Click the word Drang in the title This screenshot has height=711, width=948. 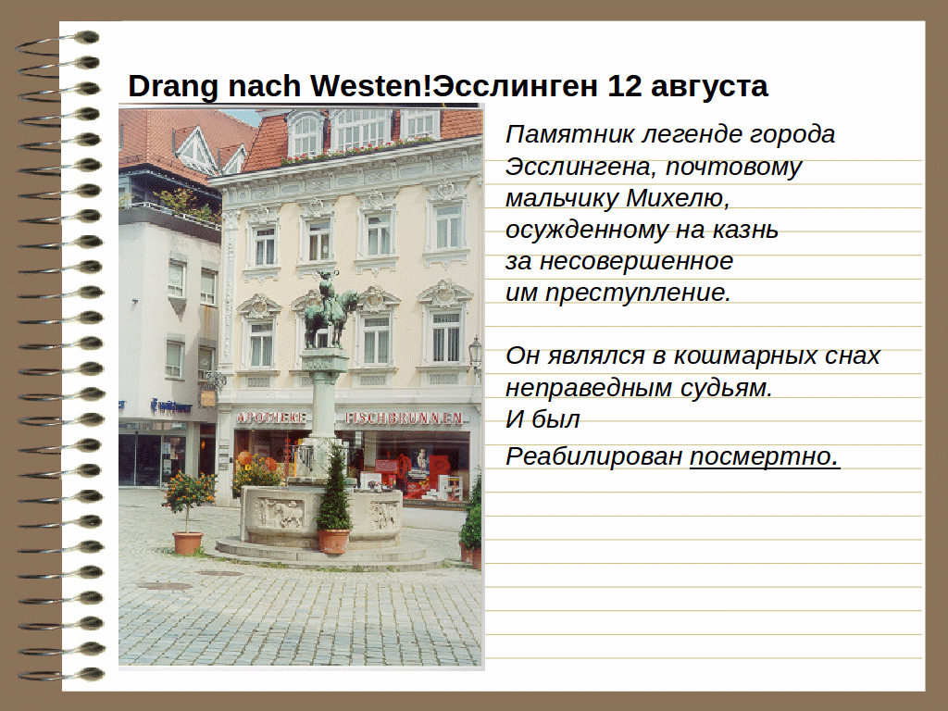(x=172, y=87)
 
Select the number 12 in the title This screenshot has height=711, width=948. (x=625, y=86)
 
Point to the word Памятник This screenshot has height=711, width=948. (x=569, y=134)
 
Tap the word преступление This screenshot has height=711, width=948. (x=638, y=293)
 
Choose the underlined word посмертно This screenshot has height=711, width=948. (x=765, y=457)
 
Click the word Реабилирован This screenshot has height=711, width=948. (x=593, y=456)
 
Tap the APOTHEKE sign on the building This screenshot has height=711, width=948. (x=271, y=418)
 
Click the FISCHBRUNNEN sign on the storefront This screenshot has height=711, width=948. (x=404, y=418)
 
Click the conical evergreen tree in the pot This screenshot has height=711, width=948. (x=333, y=490)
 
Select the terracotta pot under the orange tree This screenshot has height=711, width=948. (x=187, y=543)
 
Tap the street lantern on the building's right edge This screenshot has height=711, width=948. (x=475, y=354)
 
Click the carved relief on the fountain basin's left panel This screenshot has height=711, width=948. (x=280, y=513)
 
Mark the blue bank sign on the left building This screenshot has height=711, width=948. (x=170, y=405)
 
